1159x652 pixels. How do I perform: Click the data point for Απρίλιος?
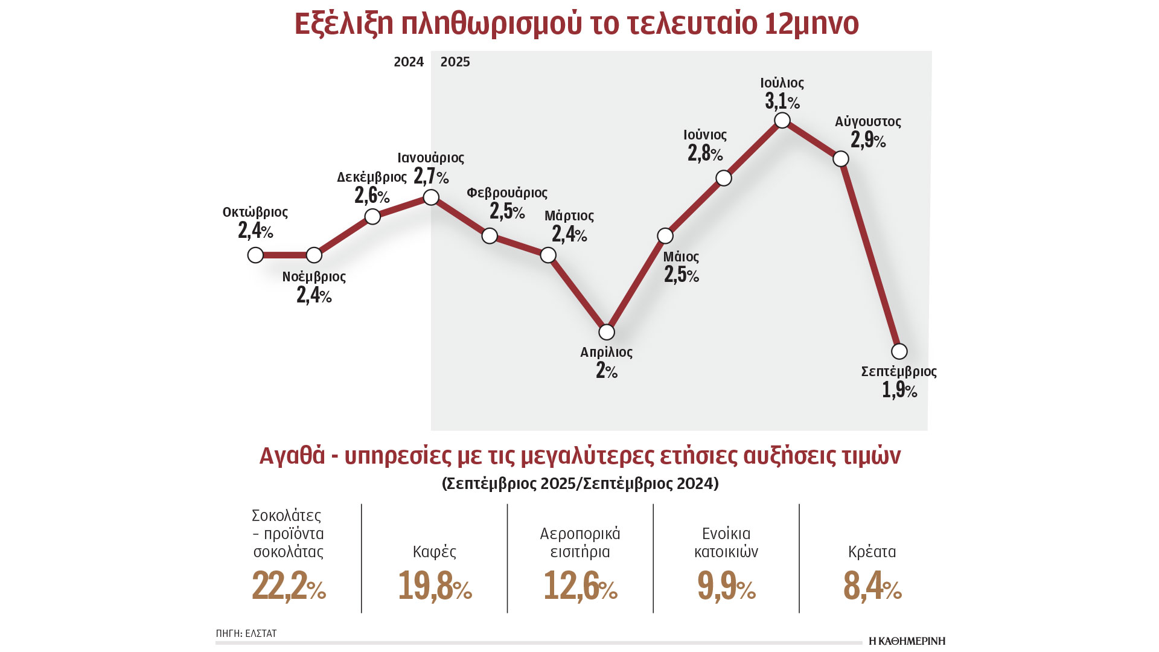point(606,332)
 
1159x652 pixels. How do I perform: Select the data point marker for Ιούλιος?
point(782,120)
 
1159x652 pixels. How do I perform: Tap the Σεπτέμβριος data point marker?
point(899,351)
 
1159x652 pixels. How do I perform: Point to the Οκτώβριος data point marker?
point(255,255)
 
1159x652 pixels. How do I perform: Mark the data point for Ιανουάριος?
point(431,197)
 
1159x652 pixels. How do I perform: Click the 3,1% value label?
point(782,101)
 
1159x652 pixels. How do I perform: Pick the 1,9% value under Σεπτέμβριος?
point(899,390)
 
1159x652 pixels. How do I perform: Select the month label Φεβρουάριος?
point(507,193)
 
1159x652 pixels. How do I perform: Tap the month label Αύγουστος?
point(867,121)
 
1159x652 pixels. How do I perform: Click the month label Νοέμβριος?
point(314,276)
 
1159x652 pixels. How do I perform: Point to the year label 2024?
point(409,62)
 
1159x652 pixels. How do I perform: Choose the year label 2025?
point(455,62)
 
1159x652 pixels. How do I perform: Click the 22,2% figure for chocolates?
point(289,586)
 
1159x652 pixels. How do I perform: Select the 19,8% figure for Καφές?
point(435,586)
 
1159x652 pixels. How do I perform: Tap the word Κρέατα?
point(872,552)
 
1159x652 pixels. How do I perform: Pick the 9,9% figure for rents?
point(726,586)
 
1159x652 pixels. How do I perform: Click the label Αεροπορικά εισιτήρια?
point(580,543)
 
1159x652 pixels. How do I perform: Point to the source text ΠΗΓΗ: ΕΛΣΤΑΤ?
point(246,633)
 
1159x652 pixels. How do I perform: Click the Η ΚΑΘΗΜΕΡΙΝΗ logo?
point(907,641)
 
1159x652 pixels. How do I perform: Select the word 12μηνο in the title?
point(811,24)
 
